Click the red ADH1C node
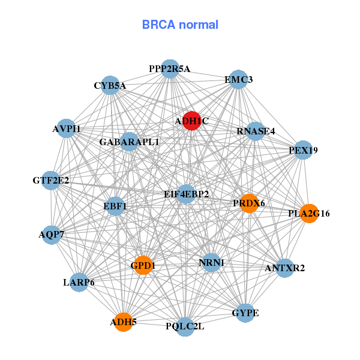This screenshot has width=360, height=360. [191, 121]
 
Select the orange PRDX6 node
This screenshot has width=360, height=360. [249, 203]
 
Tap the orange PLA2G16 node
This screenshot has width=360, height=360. [308, 213]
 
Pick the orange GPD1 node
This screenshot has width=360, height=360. [143, 265]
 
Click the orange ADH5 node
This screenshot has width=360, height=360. [124, 322]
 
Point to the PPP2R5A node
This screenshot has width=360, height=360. [170, 69]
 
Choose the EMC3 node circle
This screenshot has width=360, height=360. [239, 80]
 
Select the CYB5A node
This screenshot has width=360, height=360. [110, 86]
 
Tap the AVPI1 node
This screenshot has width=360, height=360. [67, 128]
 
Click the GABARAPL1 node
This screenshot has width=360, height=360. [130, 142]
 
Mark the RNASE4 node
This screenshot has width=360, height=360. [256, 131]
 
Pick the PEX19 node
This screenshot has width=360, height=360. [303, 150]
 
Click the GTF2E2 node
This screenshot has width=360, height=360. [51, 180]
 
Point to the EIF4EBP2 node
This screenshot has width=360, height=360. [187, 194]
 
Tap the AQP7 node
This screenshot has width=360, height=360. [51, 234]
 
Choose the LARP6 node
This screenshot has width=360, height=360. [79, 282]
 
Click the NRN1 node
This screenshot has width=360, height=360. [211, 262]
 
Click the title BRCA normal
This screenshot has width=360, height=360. [180, 25]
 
